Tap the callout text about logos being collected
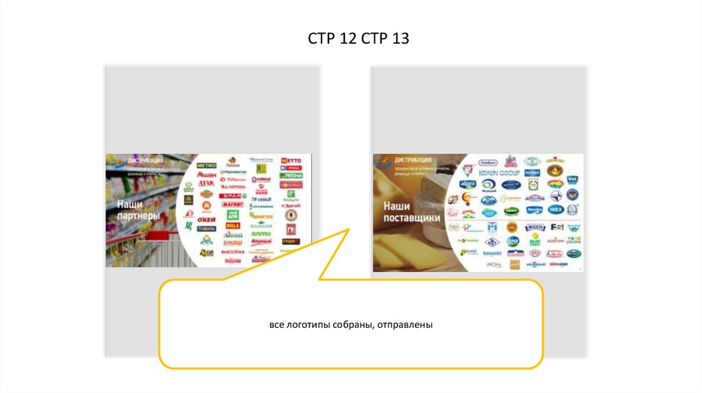tap(350, 324)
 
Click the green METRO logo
tap(206, 166)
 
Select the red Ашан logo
tap(206, 175)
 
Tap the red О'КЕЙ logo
tap(206, 219)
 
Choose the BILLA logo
tap(232, 224)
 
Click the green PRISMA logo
tap(291, 175)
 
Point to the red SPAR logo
tap(232, 195)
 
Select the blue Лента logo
tap(206, 229)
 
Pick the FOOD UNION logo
tap(574, 240)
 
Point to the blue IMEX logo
tap(555, 210)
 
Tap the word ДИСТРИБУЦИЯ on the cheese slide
tap(409, 160)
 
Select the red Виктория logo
tap(233, 252)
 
